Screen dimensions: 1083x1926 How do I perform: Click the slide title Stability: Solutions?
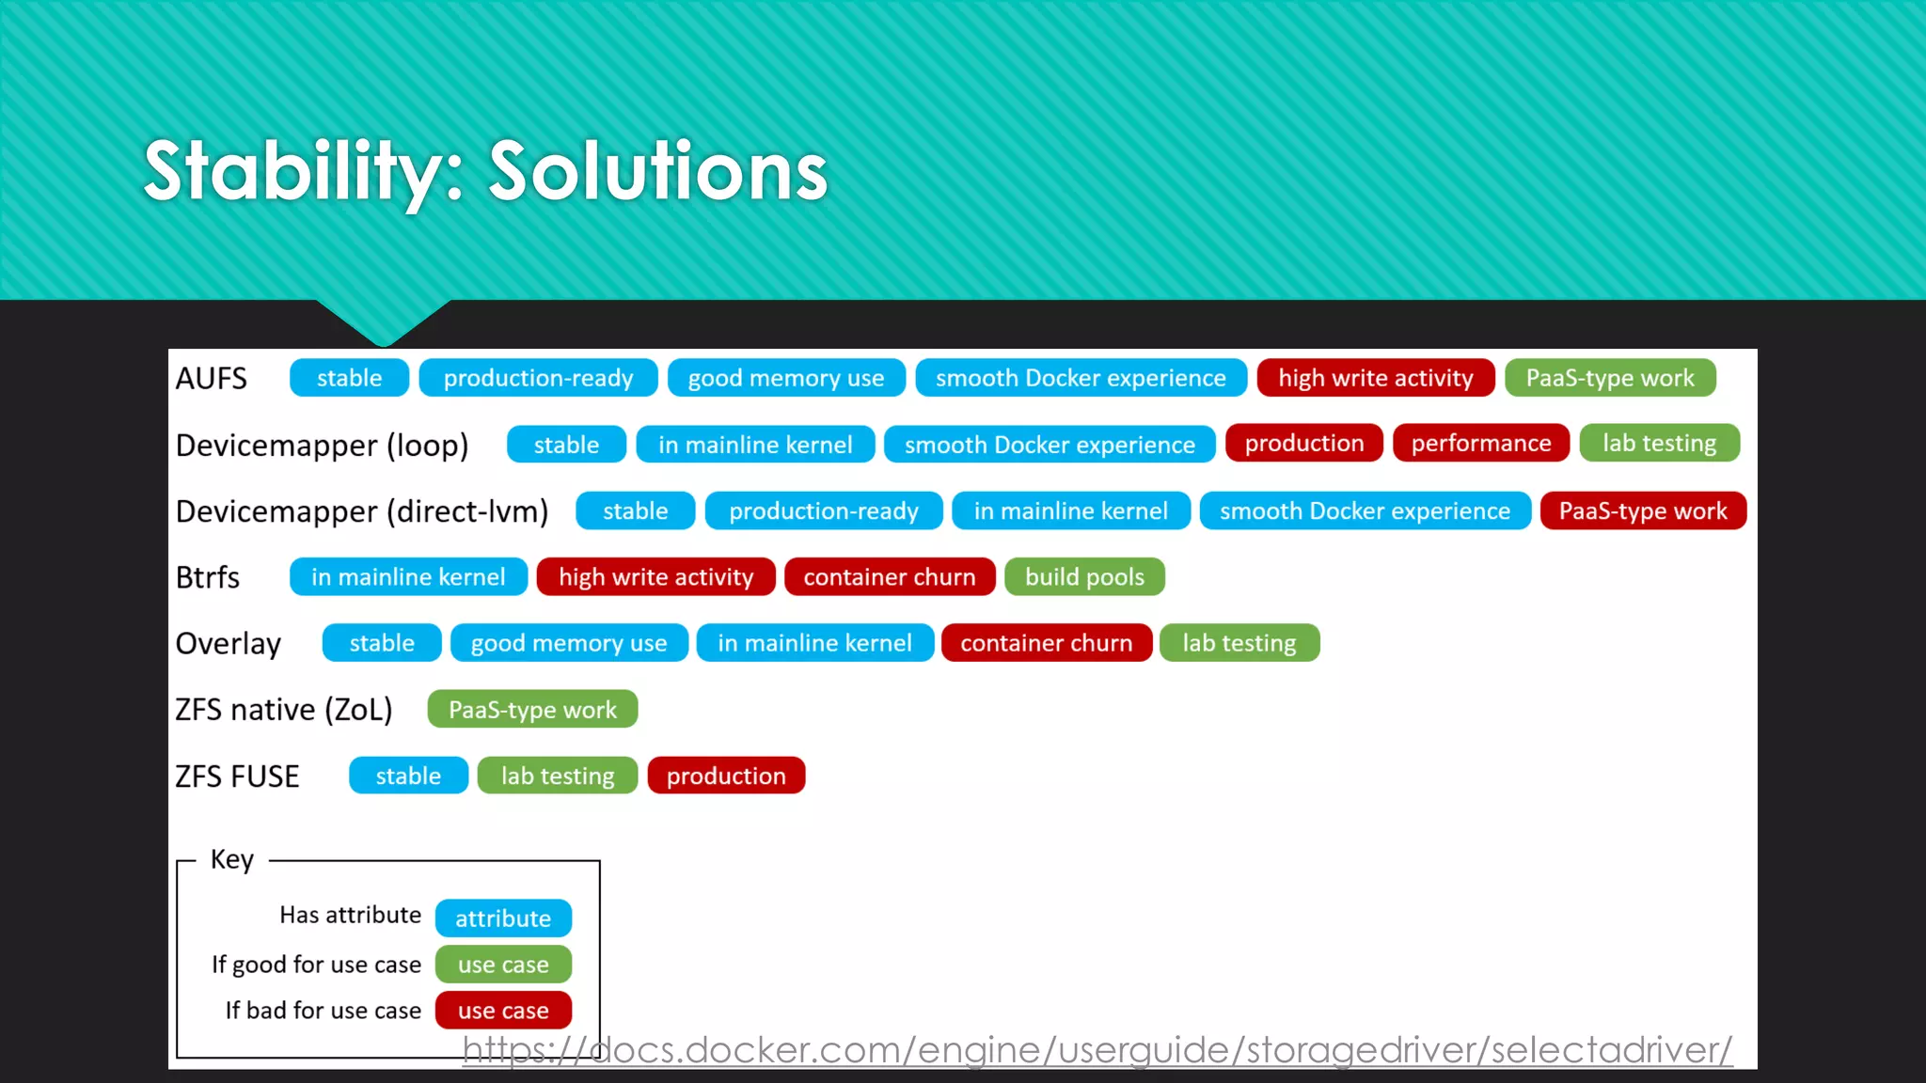coord(485,171)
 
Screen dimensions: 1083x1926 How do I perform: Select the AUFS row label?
coord(212,378)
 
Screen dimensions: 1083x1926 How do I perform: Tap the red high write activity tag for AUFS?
coord(1375,378)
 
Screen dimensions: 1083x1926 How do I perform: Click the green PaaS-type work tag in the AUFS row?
coord(1609,378)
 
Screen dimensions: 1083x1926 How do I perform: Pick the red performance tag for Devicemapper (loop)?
coord(1480,443)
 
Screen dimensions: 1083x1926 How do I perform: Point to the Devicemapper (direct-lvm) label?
coord(362,511)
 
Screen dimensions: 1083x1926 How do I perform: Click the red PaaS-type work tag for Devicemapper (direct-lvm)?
coord(1642,511)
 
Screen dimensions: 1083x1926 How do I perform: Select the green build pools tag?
coord(1083,577)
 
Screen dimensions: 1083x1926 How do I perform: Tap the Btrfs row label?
coord(208,577)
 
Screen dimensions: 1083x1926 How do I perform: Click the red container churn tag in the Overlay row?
coord(1046,643)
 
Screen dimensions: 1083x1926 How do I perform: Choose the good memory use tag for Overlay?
coord(568,643)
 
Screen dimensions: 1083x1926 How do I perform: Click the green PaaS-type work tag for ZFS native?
coord(532,710)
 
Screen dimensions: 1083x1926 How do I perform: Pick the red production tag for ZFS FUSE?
coord(725,777)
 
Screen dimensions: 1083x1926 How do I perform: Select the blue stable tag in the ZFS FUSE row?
coord(408,777)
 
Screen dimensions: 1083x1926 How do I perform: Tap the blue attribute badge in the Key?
coord(503,918)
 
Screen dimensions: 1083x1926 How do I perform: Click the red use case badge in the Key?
coord(503,1011)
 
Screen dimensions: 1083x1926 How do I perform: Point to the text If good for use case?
coord(316,965)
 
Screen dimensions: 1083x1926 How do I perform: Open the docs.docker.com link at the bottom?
coord(1097,1050)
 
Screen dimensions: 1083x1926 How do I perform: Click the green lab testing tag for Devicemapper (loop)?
coord(1659,443)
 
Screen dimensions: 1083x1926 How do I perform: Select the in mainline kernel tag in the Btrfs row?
coord(408,577)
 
